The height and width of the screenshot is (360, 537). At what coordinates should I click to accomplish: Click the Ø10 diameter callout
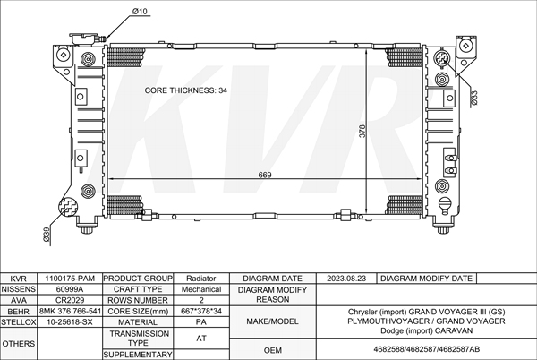[x=140, y=12]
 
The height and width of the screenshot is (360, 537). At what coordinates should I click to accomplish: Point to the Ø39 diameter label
[x=47, y=235]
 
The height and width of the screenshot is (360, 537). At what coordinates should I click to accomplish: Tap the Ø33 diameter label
[x=474, y=98]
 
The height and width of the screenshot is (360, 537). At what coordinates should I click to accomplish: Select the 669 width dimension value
[x=265, y=175]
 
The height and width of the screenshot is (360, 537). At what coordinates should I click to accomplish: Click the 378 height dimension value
[x=362, y=131]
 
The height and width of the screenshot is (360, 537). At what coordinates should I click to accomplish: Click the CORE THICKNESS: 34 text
[x=185, y=90]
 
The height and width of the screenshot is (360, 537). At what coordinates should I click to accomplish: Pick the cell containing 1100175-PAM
[x=70, y=279]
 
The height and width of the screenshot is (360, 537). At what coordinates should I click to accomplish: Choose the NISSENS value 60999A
[x=70, y=289]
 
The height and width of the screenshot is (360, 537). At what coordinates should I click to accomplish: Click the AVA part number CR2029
[x=70, y=300]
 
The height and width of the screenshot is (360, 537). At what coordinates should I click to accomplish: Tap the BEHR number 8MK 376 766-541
[x=70, y=312]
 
